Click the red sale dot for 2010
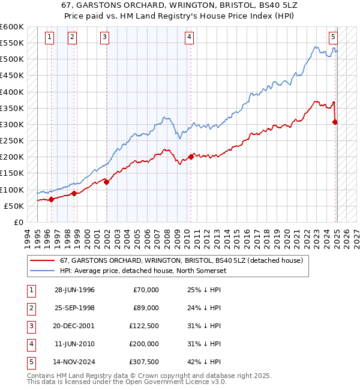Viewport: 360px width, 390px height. point(191,157)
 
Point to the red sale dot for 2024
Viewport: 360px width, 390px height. point(335,122)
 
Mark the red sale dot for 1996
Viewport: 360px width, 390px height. point(51,199)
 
